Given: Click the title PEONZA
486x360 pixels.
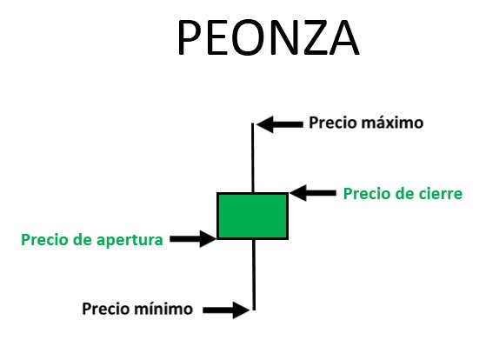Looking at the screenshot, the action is coord(269,37).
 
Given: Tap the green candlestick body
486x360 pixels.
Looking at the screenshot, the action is coord(253,216).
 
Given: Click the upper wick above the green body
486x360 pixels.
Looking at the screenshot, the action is coord(253,157).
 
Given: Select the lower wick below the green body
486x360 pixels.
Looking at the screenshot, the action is coord(254,275).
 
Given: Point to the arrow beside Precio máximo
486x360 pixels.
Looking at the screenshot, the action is coord(280,124).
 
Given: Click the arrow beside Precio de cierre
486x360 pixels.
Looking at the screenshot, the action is coord(313,193).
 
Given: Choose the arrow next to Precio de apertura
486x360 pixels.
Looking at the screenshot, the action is coord(193,239).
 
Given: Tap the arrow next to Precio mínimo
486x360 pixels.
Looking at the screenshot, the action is coord(226,310).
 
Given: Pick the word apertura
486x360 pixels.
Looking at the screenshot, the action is coord(130,241).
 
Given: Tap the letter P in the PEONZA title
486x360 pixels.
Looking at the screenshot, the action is coord(189,37).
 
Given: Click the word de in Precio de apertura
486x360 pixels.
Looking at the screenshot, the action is coord(83,240).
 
